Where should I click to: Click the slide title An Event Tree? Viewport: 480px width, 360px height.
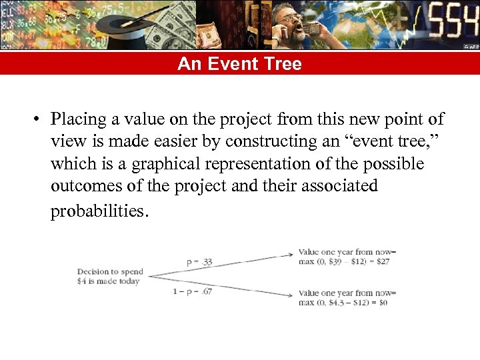pyautogui.click(x=239, y=64)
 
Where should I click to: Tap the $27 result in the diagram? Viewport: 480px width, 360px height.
pyautogui.click(x=383, y=261)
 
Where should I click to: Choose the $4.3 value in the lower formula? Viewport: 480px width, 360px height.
pyautogui.click(x=337, y=303)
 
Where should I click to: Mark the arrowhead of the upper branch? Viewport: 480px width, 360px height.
pyautogui.click(x=291, y=253)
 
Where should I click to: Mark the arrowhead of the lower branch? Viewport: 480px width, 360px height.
pyautogui.click(x=291, y=294)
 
